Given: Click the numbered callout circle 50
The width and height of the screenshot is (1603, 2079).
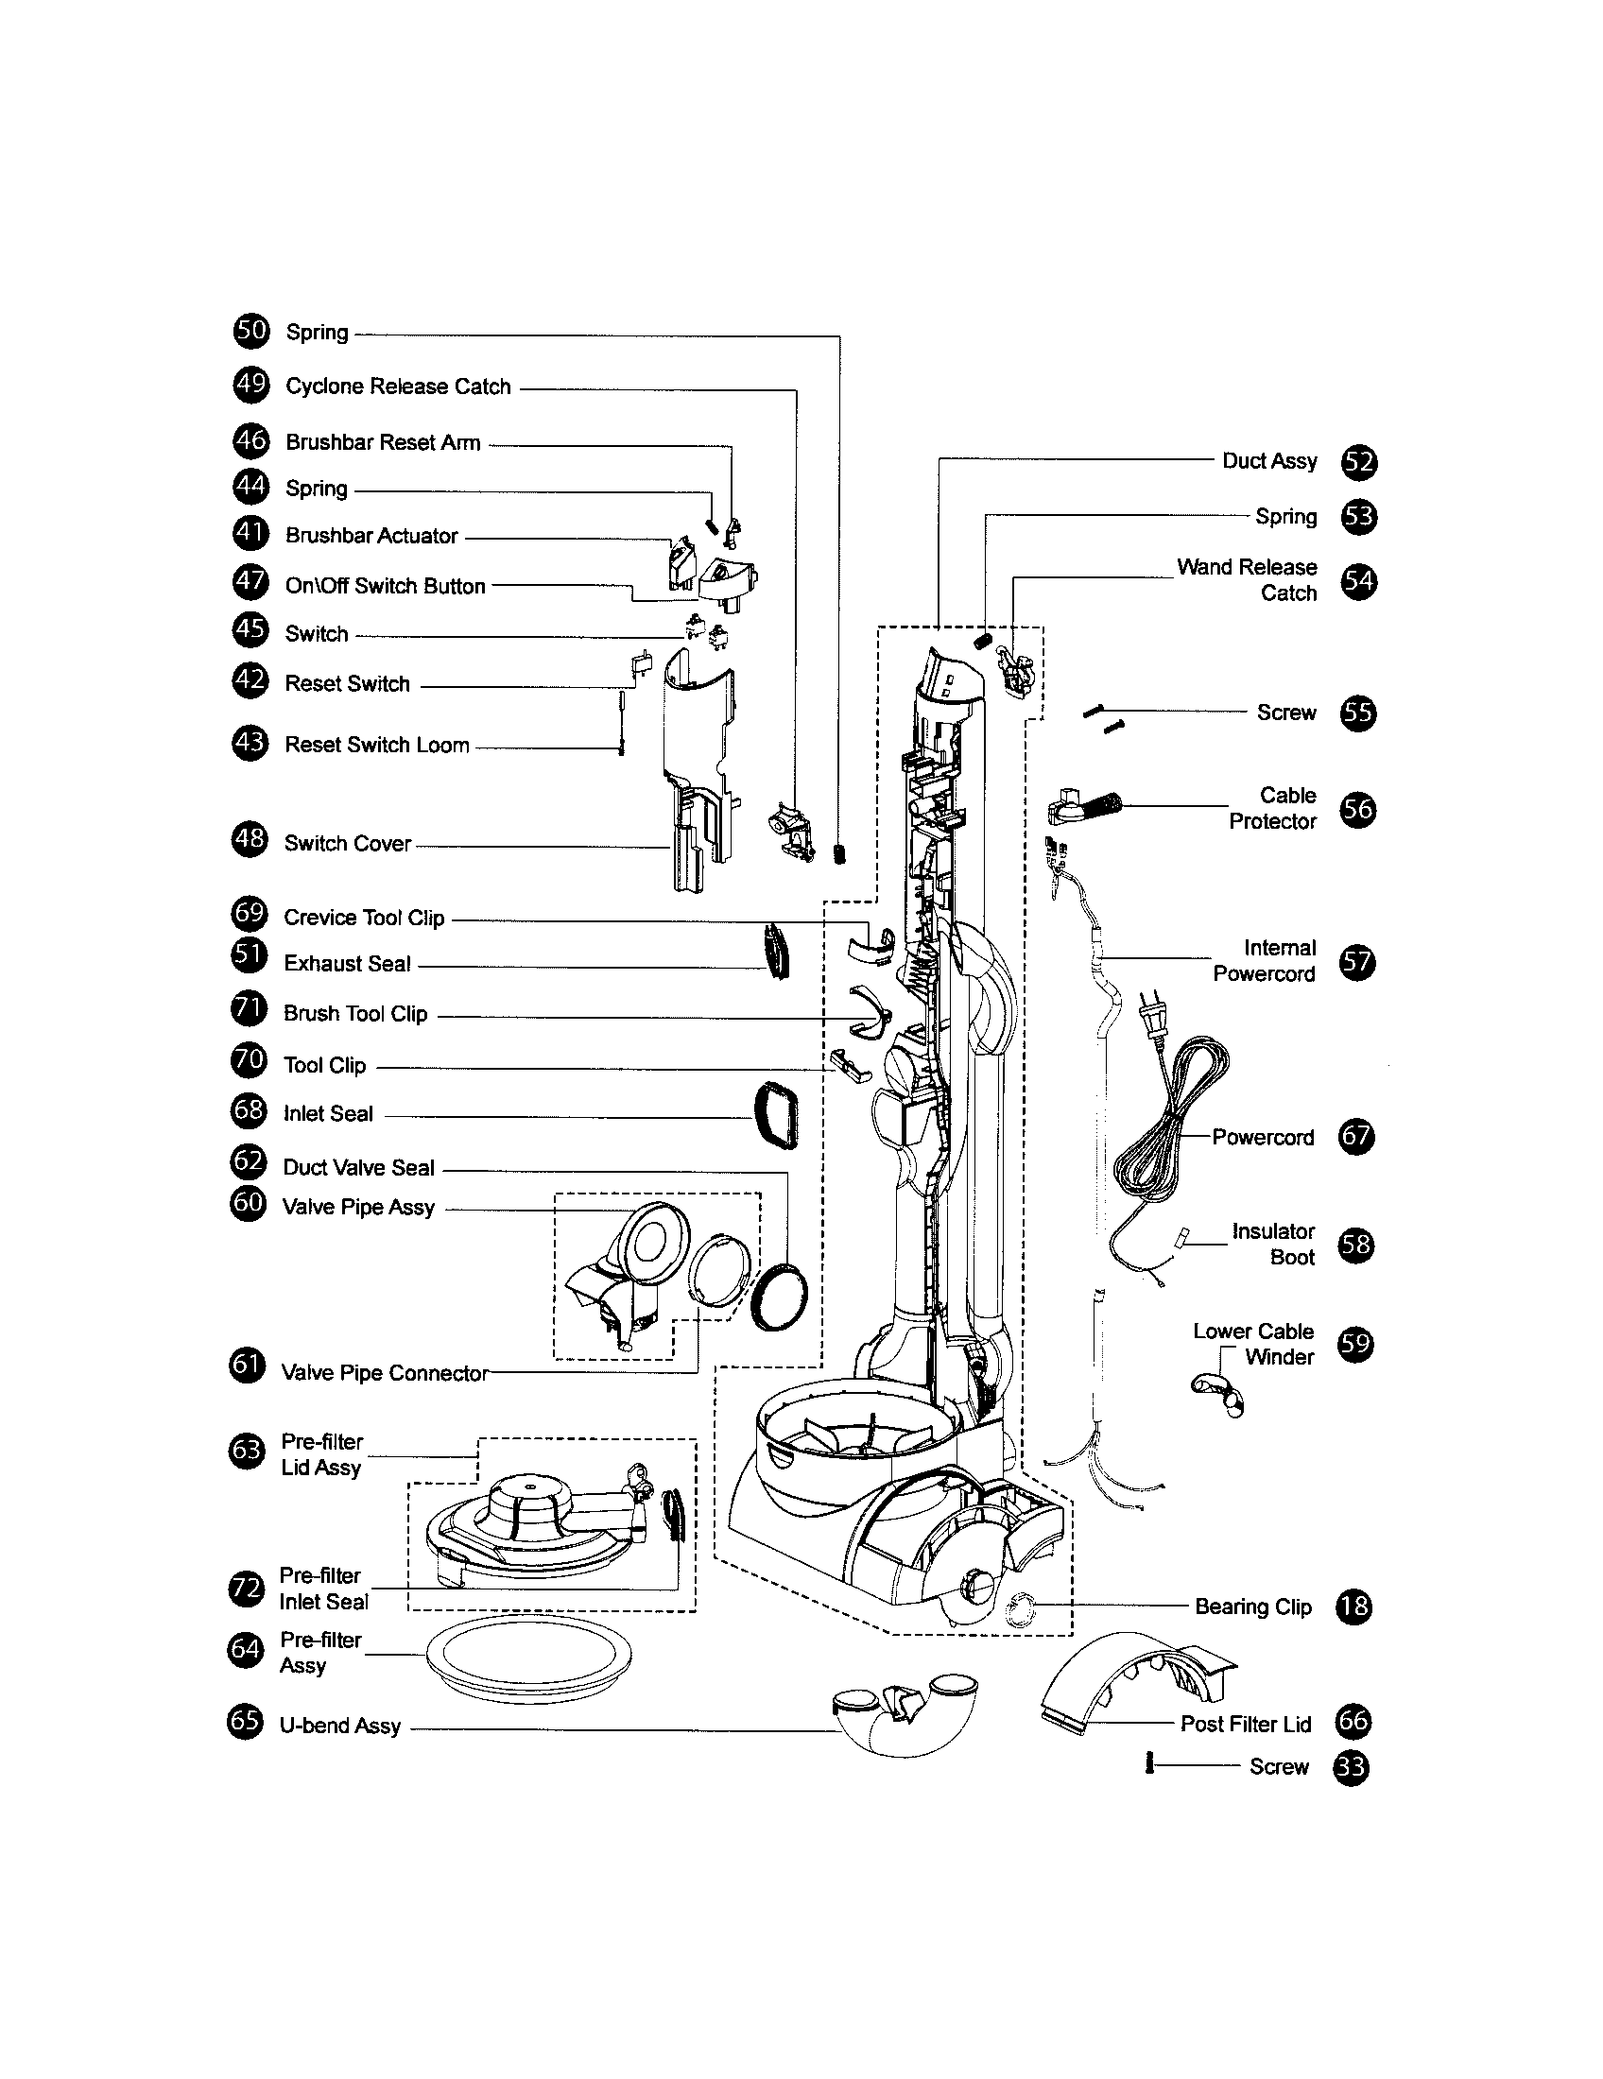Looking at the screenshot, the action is pos(251,332).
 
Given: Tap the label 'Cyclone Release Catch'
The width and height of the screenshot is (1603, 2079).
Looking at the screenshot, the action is pos(398,387).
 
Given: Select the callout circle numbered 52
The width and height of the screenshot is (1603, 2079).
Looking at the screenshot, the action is pos(1359,463).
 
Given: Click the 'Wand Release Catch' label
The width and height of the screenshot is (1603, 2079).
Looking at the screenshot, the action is pos(1247,579).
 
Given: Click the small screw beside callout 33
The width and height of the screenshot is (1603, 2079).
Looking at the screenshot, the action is pos(1150,1764).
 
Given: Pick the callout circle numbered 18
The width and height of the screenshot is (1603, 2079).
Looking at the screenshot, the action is pos(1353,1607).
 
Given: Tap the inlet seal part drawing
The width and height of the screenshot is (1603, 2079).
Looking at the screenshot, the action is pos(776,1116).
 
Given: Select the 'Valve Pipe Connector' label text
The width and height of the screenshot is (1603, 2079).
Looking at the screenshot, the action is pos(385,1373).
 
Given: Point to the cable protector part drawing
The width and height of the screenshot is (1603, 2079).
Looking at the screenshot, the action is pos(1085,807).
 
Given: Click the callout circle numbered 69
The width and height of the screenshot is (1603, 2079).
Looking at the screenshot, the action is pos(250,914).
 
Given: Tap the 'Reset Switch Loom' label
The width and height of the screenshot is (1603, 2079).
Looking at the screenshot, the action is pos(377,746).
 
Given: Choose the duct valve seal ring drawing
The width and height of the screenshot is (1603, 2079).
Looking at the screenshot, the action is pos(779,1296).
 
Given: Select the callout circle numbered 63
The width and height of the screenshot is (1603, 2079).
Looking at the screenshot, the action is pos(247,1451).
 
